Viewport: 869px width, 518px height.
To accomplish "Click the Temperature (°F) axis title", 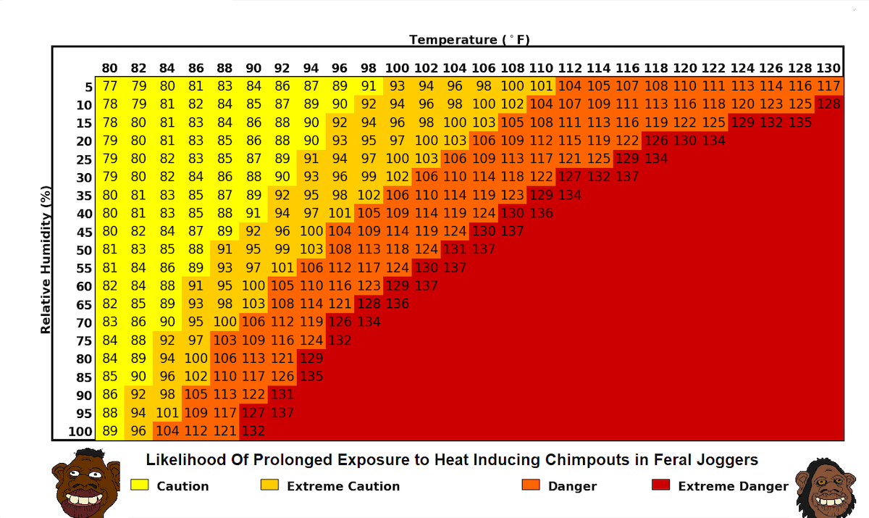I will pyautogui.click(x=474, y=40).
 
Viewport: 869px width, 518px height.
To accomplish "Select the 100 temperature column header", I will pyautogui.click(x=397, y=69).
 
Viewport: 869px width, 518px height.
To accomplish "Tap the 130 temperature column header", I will pyautogui.click(x=828, y=69).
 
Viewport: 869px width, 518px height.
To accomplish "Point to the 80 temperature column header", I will pyautogui.click(x=109, y=69).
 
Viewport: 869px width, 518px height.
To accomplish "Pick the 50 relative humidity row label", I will pyautogui.click(x=85, y=250).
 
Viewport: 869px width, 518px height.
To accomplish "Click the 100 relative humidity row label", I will pyautogui.click(x=81, y=432).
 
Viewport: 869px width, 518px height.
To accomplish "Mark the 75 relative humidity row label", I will pyautogui.click(x=85, y=341).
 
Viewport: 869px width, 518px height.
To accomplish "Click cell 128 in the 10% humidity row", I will pyautogui.click(x=828, y=104).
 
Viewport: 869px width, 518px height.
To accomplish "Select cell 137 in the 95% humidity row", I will pyautogui.click(x=282, y=413).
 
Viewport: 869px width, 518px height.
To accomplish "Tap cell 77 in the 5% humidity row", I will pyautogui.click(x=109, y=86).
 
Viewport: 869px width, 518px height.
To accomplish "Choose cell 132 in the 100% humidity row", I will pyautogui.click(x=253, y=431).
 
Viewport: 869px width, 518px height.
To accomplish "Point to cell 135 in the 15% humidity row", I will pyautogui.click(x=799, y=122).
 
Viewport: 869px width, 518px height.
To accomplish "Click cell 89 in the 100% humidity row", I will pyautogui.click(x=109, y=431).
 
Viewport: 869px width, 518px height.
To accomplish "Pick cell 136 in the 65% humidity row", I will pyautogui.click(x=397, y=304).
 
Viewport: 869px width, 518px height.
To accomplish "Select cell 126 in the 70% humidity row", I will pyautogui.click(x=340, y=322).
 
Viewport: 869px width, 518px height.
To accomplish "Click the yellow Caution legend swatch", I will pyautogui.click(x=139, y=485).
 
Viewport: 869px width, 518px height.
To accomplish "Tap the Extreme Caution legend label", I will pyautogui.click(x=343, y=486).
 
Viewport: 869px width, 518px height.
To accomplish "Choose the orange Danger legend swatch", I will pyautogui.click(x=530, y=485).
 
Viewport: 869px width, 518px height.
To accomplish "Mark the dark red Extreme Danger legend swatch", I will pyautogui.click(x=660, y=485).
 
